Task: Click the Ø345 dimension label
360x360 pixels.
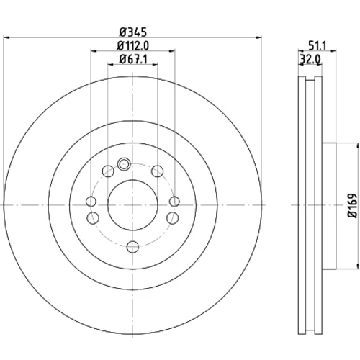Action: [x=133, y=32]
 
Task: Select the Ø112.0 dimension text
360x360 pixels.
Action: [x=133, y=45]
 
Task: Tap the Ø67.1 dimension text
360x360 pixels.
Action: [x=133, y=59]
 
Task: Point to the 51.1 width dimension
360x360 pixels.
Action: [x=318, y=45]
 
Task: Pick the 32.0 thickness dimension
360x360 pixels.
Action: [x=310, y=59]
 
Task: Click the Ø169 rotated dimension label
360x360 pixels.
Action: [x=352, y=205]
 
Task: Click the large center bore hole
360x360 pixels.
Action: [x=132, y=205]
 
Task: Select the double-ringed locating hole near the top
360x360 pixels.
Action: [x=124, y=164]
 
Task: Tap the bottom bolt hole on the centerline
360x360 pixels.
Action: [x=132, y=247]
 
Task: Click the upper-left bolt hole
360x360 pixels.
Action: [x=108, y=171]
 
